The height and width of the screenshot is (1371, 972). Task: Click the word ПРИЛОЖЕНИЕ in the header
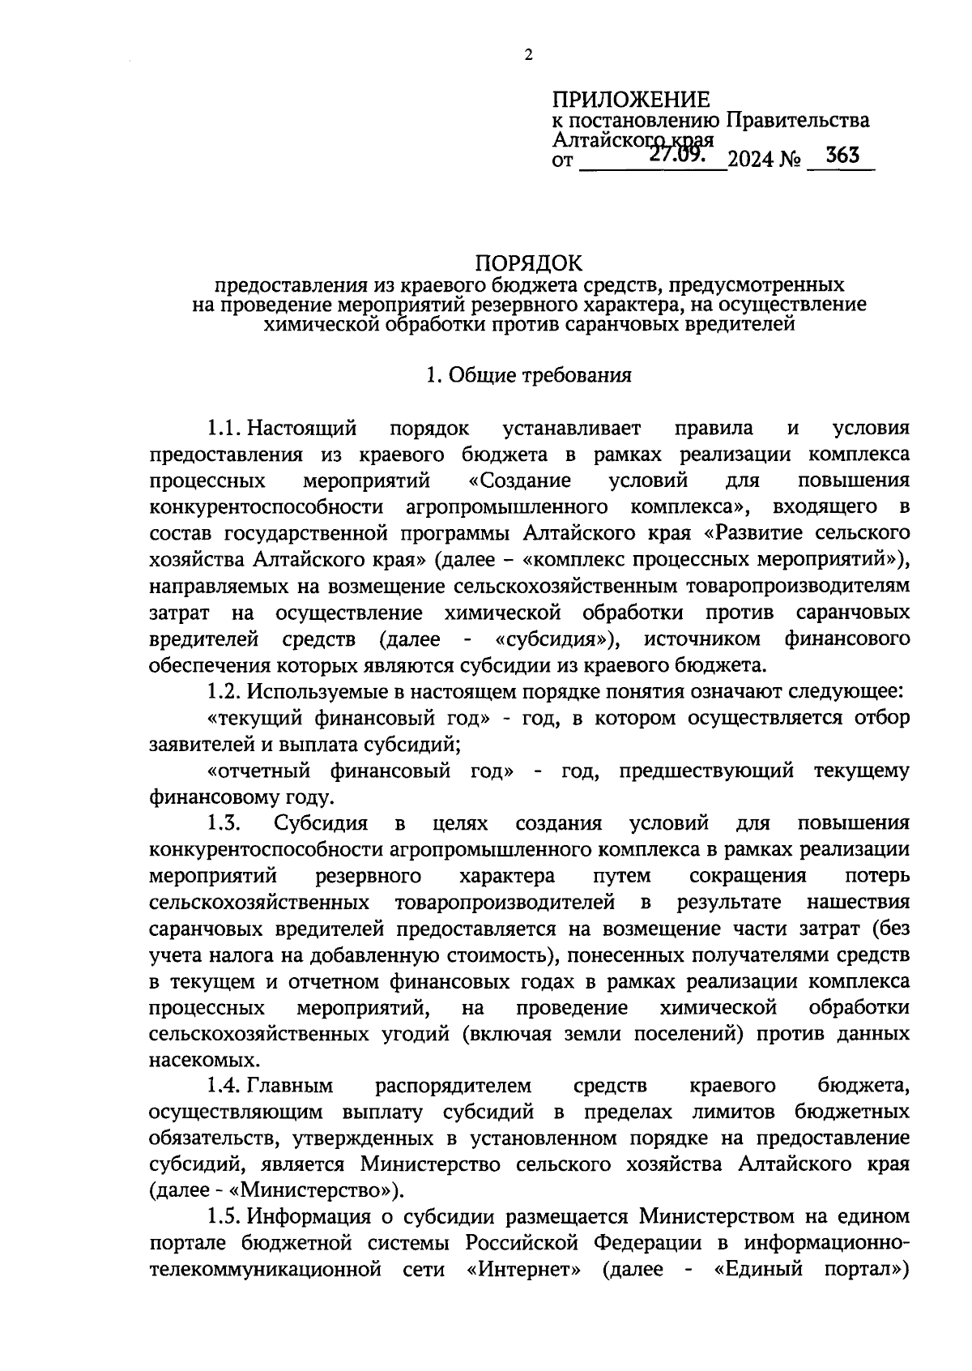click(631, 100)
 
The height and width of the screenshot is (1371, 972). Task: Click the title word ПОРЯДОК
click(528, 263)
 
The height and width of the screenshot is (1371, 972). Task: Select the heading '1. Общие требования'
click(528, 375)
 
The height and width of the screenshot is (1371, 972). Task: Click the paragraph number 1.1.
click(224, 428)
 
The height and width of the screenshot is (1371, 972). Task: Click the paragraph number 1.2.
click(224, 692)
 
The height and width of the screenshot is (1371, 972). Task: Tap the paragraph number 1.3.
click(224, 824)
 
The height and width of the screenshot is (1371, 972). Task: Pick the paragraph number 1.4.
click(224, 1085)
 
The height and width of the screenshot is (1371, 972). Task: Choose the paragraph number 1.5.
click(224, 1216)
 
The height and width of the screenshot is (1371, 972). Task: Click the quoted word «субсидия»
click(556, 639)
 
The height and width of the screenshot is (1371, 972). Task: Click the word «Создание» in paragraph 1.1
click(520, 480)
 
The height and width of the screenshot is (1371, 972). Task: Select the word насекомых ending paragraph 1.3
click(193, 1059)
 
